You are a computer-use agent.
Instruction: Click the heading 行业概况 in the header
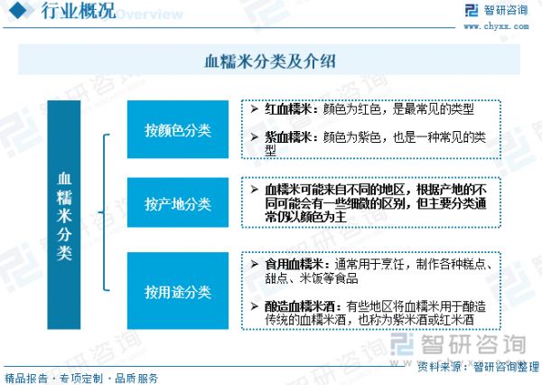78,11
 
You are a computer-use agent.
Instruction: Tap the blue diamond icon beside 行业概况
20,10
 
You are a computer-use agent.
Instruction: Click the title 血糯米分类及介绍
270,61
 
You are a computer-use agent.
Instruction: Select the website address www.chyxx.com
496,26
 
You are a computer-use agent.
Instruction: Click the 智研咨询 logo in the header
496,10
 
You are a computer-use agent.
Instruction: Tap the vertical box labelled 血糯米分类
64,215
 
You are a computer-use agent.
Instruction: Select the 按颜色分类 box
178,129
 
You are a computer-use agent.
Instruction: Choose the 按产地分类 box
178,202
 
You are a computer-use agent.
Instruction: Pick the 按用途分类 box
178,291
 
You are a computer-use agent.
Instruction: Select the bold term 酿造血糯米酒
300,306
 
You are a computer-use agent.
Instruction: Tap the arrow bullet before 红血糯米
255,109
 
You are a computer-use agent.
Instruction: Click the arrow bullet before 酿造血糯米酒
255,306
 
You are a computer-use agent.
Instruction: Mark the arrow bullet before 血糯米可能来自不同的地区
255,189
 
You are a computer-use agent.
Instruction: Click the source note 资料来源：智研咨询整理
478,366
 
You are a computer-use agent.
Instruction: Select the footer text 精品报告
26,378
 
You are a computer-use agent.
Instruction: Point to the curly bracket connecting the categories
104,212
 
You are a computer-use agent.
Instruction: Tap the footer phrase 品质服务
136,378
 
